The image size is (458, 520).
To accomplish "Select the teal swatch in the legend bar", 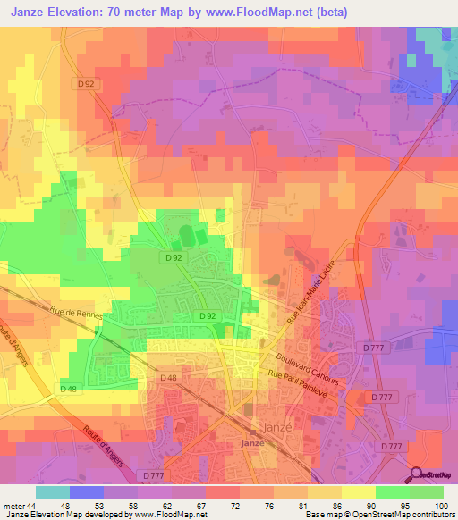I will (53, 493).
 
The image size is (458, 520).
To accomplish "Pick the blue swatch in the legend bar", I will (87, 493).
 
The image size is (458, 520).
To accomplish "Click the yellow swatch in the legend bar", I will (359, 493).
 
